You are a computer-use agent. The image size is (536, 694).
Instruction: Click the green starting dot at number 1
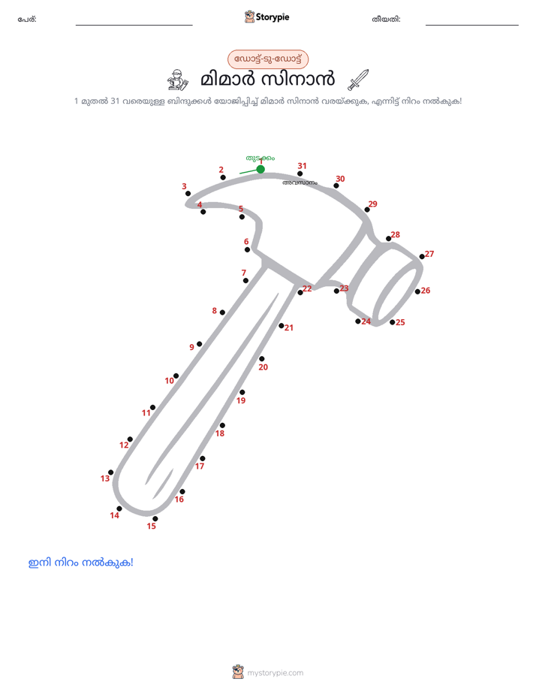point(260,169)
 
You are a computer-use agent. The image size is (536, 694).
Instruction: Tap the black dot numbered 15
point(155,519)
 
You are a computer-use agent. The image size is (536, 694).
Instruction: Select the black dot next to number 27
point(422,257)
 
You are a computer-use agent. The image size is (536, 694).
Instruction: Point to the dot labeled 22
point(300,293)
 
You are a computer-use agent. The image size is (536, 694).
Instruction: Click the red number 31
point(302,166)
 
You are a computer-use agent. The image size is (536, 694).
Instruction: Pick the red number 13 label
point(105,478)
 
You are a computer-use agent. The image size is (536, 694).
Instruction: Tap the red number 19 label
point(241,400)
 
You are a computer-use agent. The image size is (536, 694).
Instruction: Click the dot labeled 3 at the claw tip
point(188,194)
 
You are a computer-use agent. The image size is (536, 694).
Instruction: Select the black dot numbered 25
point(393,322)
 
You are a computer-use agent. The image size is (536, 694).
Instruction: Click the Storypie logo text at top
point(273,17)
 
